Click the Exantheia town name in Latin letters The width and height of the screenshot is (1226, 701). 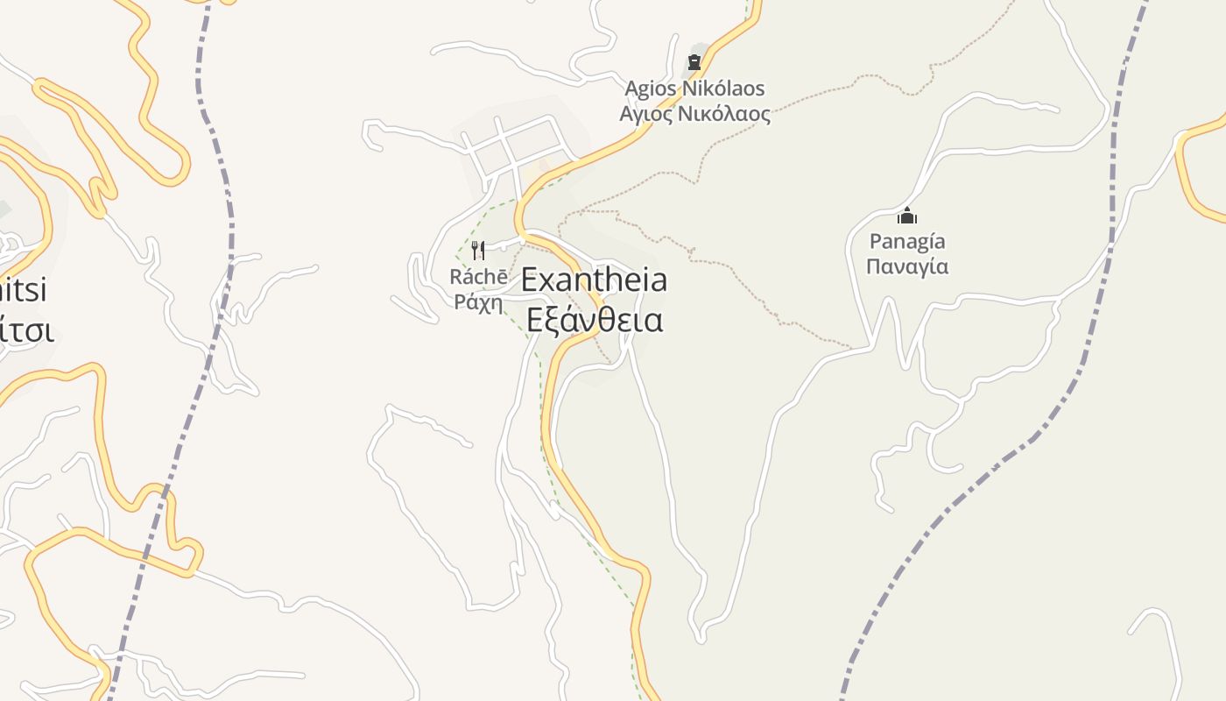click(594, 280)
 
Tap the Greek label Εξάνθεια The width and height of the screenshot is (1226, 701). click(595, 320)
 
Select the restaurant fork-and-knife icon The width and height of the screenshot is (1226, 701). click(478, 251)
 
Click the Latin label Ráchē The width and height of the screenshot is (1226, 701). click(478, 277)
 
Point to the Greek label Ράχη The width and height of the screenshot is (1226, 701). click(478, 303)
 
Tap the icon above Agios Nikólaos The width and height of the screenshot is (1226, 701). click(694, 62)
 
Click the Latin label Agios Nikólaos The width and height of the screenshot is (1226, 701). click(694, 89)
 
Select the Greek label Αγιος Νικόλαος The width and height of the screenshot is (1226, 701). click(694, 114)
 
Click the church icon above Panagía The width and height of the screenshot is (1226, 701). click(907, 216)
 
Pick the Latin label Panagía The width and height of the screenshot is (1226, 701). click(907, 241)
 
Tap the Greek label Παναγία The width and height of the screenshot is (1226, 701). click(907, 266)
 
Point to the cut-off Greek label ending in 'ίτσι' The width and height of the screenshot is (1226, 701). click(26, 330)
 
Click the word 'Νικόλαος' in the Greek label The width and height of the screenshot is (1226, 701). click(723, 114)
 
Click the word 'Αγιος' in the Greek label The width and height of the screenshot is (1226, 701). click(645, 115)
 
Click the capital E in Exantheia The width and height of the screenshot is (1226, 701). click(530, 280)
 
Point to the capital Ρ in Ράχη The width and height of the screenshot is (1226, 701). click(460, 303)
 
